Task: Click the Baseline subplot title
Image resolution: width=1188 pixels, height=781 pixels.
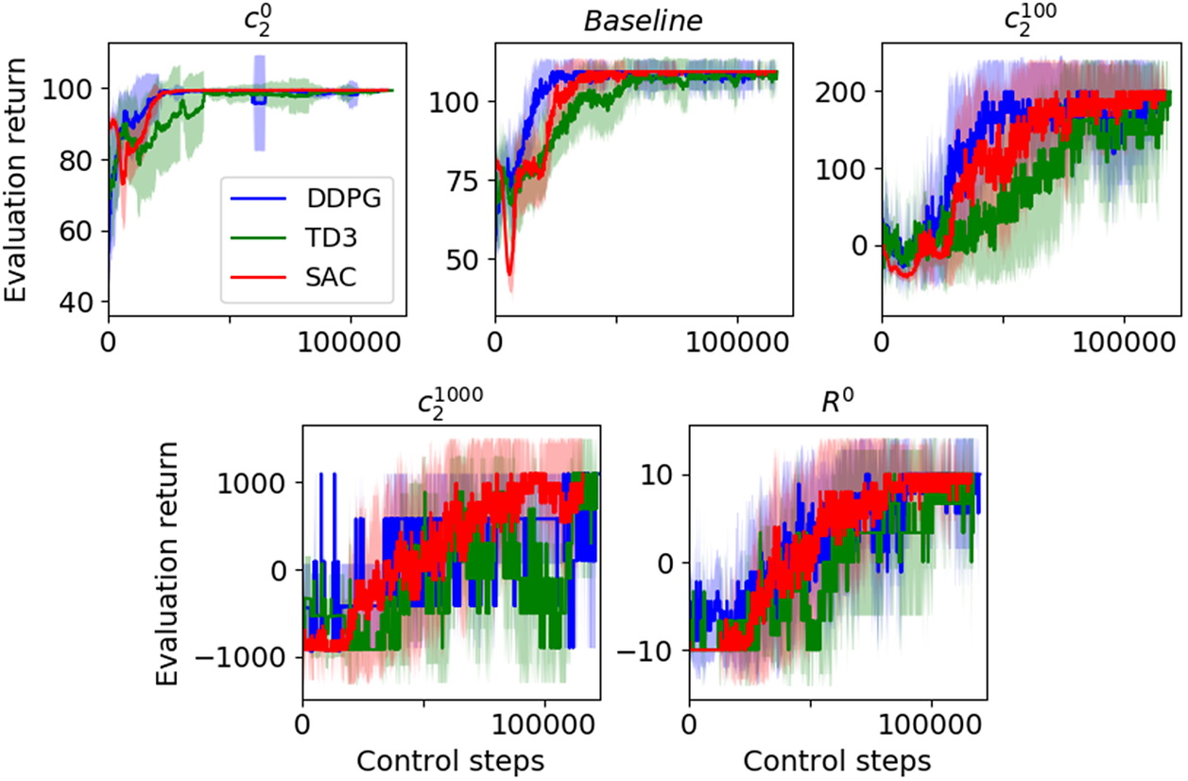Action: click(x=642, y=20)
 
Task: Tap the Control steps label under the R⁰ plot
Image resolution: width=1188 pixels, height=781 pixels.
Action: click(x=837, y=760)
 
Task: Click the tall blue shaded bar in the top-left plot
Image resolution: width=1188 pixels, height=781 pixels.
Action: click(x=259, y=102)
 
